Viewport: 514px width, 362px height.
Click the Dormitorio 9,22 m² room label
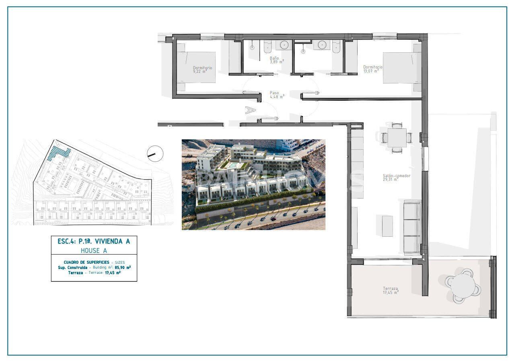[202, 69]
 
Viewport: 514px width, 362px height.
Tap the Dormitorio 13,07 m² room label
[373, 69]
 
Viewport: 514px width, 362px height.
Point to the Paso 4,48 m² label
[276, 94]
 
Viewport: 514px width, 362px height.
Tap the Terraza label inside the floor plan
[391, 290]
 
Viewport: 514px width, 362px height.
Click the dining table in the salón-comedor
[397, 137]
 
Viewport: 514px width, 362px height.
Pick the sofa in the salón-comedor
[412, 228]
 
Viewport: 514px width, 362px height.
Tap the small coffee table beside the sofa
[387, 226]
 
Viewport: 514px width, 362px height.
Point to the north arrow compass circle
[155, 153]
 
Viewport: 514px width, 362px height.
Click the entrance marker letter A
[251, 110]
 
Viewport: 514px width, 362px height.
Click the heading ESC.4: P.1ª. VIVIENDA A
[94, 241]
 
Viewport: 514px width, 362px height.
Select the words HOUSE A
[94, 250]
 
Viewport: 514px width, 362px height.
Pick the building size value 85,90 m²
[123, 267]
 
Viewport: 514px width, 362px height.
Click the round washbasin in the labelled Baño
[285, 45]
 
